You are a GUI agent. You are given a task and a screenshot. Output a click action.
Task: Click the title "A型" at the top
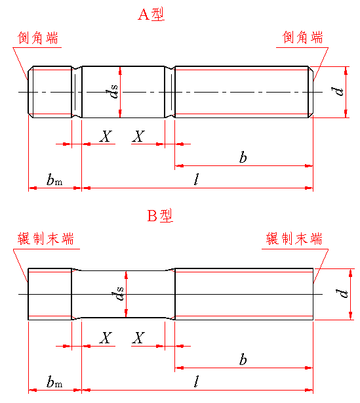click(151, 14)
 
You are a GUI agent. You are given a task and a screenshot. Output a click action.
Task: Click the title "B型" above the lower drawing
click(160, 216)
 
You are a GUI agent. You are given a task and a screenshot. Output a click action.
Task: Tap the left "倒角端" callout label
click(38, 38)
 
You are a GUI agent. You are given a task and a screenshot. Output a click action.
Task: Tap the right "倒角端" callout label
click(302, 37)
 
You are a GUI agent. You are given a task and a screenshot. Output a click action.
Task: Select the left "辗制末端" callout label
click(46, 239)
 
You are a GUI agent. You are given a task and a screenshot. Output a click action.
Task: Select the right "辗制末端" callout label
click(294, 239)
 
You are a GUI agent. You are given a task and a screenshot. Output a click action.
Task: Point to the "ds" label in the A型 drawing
click(112, 91)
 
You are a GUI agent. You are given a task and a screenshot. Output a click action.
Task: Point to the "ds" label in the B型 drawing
click(117, 293)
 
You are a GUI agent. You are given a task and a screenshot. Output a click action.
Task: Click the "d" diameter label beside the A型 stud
click(337, 91)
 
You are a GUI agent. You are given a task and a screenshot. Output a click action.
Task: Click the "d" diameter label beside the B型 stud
click(342, 293)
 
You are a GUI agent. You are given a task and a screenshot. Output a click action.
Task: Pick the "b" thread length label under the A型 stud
click(243, 157)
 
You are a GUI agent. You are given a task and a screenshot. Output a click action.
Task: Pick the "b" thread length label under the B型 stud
click(243, 359)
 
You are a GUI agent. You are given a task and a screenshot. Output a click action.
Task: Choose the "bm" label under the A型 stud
click(54, 180)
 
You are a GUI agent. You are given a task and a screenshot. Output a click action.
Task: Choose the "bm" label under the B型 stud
click(54, 381)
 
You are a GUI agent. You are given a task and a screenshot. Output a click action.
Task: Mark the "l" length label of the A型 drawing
click(197, 179)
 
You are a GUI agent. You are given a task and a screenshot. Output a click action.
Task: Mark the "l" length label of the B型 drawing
click(197, 381)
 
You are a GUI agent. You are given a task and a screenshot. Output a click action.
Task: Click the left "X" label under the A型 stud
click(106, 137)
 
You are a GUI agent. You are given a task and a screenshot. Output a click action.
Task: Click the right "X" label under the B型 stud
click(138, 338)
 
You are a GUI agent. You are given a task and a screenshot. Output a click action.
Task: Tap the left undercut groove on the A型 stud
click(77, 92)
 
